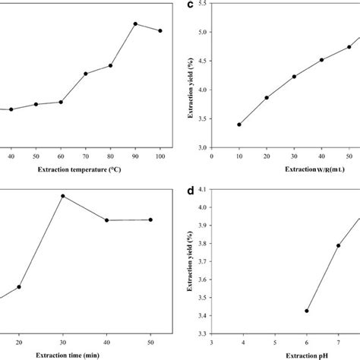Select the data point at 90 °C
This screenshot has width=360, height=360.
[135, 24]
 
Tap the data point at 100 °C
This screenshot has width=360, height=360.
[160, 31]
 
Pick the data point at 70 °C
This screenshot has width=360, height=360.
[86, 74]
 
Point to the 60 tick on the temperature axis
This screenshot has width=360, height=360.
[61, 156]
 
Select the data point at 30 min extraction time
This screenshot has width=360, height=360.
[63, 196]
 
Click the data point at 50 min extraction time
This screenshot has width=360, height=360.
[150, 219]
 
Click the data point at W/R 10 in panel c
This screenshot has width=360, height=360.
[239, 125]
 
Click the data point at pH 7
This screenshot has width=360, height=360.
[339, 245]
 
